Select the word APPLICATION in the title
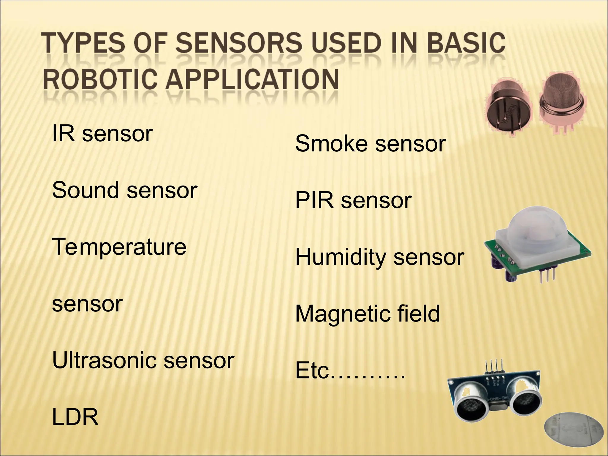coord(252,79)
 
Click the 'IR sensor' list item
coord(102,134)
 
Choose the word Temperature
coord(119,247)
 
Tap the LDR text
coord(75,417)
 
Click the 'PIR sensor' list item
coord(353,200)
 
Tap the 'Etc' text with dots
coord(350,371)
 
